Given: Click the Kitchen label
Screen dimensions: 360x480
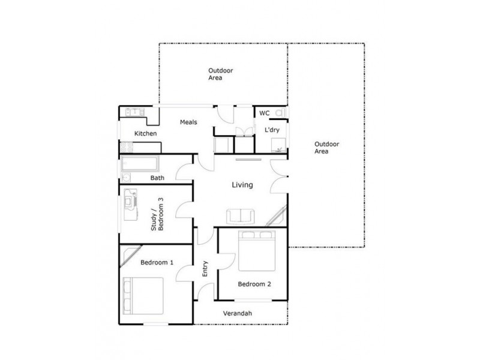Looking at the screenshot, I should (x=145, y=133).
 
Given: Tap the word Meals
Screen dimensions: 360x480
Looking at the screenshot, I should (x=188, y=122).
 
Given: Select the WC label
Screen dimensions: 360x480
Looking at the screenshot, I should (x=264, y=113).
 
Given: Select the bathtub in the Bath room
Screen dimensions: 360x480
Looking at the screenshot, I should (x=140, y=164).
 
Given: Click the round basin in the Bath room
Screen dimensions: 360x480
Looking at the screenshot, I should (x=126, y=178).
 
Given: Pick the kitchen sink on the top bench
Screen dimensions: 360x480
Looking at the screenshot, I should (x=133, y=111).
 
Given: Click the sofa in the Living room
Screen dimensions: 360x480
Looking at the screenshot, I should (x=240, y=217).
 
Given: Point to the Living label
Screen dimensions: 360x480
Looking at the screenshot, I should (x=242, y=185).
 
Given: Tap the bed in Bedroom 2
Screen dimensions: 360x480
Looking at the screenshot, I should (x=257, y=251).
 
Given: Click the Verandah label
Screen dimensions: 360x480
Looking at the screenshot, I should (x=237, y=314).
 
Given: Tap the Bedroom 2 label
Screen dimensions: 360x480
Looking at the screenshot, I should (x=254, y=284).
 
